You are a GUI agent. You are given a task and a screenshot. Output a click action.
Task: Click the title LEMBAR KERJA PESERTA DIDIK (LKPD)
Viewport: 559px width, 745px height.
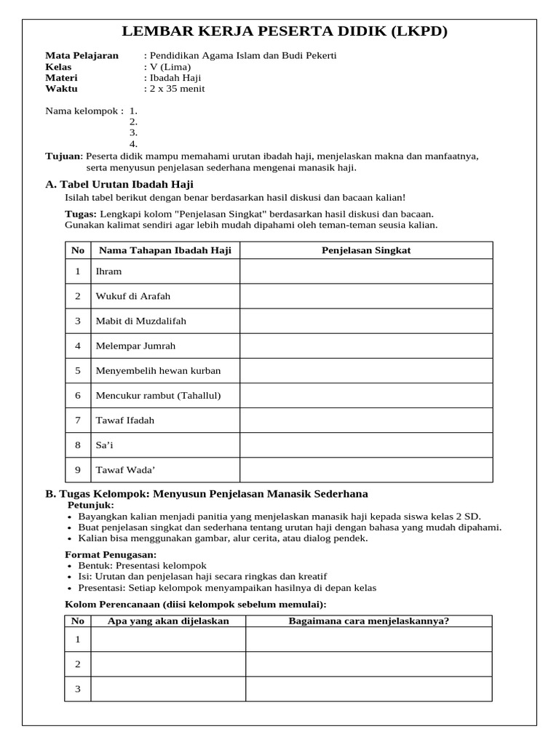(284, 31)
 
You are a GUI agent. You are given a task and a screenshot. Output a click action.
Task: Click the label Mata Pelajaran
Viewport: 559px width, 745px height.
(82, 56)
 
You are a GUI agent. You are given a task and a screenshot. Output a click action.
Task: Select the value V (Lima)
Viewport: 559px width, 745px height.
(170, 67)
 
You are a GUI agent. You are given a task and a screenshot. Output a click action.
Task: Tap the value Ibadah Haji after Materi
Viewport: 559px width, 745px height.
(175, 78)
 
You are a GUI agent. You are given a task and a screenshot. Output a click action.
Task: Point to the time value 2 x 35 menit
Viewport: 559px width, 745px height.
(177, 89)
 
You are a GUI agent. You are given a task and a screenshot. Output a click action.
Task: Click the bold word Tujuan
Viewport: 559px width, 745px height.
(62, 156)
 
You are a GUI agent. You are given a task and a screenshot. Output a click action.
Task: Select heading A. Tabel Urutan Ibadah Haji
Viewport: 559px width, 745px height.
(119, 185)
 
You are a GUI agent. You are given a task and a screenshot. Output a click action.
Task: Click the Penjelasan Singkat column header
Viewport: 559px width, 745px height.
(366, 250)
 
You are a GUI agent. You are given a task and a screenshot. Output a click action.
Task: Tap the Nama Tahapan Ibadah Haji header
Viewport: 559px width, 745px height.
(165, 250)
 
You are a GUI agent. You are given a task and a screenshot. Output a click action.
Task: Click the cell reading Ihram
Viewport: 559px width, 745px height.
(109, 271)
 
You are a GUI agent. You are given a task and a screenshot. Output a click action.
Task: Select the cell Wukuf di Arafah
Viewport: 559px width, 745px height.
(133, 296)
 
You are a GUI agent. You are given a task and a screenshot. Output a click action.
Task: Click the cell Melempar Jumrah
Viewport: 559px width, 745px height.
(135, 346)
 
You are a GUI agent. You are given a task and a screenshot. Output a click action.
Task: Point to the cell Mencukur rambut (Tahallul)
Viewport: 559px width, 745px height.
(158, 395)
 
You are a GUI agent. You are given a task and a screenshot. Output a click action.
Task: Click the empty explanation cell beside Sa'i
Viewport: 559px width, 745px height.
(366, 445)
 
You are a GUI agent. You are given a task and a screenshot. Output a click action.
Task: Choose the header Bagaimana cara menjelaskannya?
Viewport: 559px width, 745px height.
(368, 621)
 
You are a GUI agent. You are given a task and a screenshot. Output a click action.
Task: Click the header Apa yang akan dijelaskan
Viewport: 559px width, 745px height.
(168, 621)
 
